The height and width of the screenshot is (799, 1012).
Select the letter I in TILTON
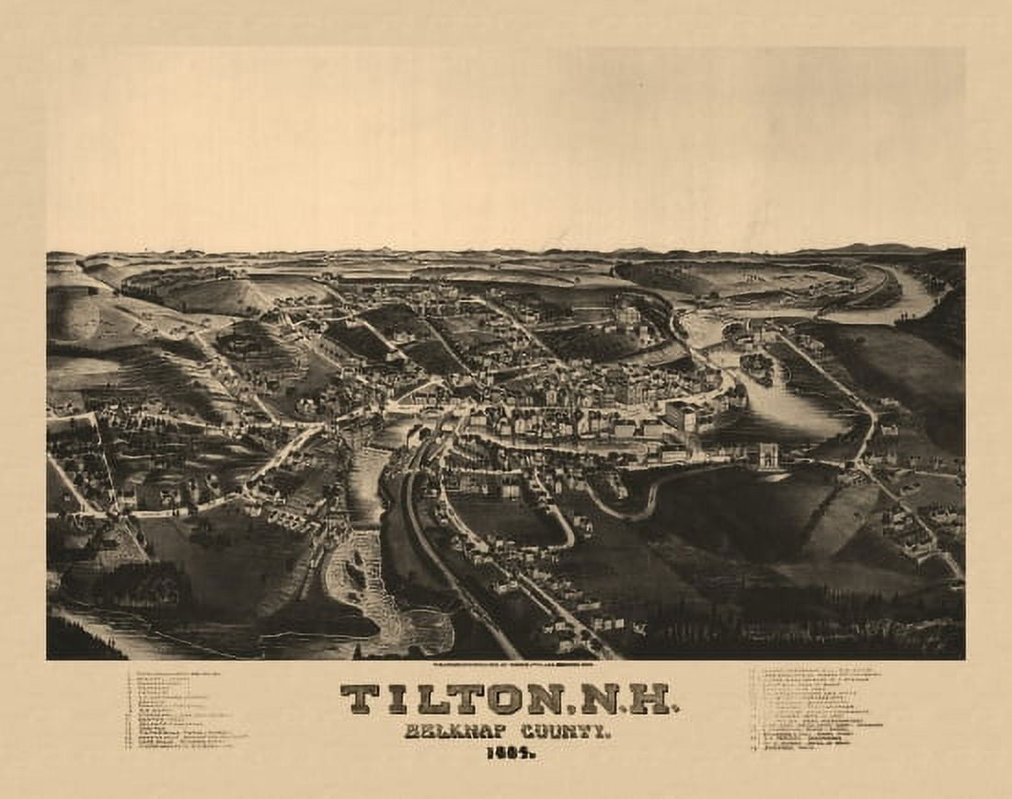(397, 700)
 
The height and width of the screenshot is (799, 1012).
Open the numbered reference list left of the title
(184, 709)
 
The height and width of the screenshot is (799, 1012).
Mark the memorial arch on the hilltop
(767, 455)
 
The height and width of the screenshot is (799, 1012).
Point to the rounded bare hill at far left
(74, 316)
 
